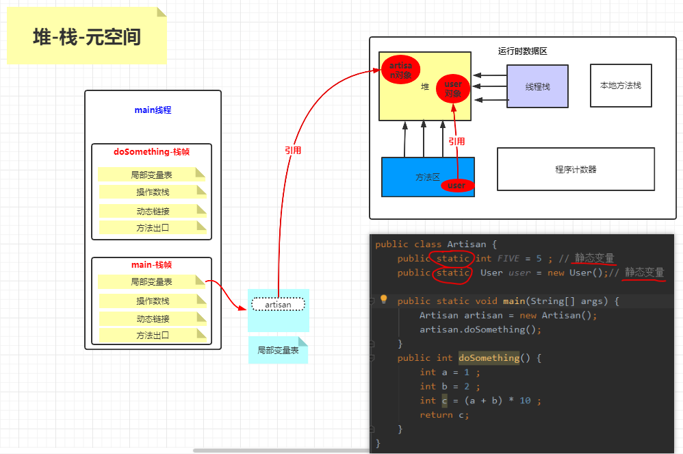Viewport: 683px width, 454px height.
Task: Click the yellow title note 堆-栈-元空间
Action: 86,37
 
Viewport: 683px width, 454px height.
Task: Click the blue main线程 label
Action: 153,110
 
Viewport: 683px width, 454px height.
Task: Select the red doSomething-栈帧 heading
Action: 152,152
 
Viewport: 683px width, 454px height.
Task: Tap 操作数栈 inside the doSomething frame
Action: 152,192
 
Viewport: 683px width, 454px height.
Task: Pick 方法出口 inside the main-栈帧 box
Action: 152,336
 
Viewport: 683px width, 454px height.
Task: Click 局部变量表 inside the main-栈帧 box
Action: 151,281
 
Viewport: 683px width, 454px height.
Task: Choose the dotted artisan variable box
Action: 278,305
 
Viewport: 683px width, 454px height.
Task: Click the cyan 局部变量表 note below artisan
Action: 278,350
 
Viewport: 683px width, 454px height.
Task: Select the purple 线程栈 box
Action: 537,87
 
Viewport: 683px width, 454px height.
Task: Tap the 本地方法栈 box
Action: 621,86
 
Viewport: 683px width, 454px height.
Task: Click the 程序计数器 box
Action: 576,169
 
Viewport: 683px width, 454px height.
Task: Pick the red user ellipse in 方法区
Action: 456,186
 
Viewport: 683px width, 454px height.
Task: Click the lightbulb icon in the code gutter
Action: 383,300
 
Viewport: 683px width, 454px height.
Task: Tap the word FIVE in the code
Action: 508,259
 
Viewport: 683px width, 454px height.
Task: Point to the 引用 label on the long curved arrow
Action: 293,151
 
